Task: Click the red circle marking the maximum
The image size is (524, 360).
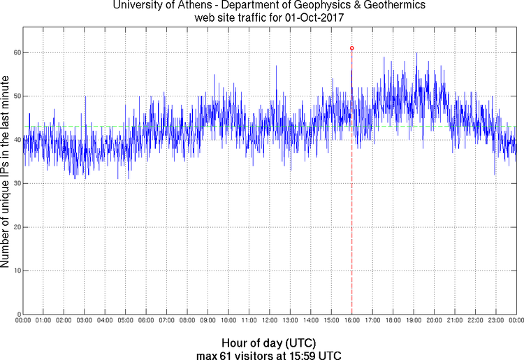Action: point(351,48)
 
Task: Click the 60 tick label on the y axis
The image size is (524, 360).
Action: point(15,52)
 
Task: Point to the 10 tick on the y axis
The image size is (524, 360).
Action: point(15,270)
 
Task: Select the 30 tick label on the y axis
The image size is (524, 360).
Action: point(15,183)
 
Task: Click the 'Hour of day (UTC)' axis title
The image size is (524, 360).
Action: point(269,343)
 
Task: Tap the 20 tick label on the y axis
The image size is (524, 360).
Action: point(15,226)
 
